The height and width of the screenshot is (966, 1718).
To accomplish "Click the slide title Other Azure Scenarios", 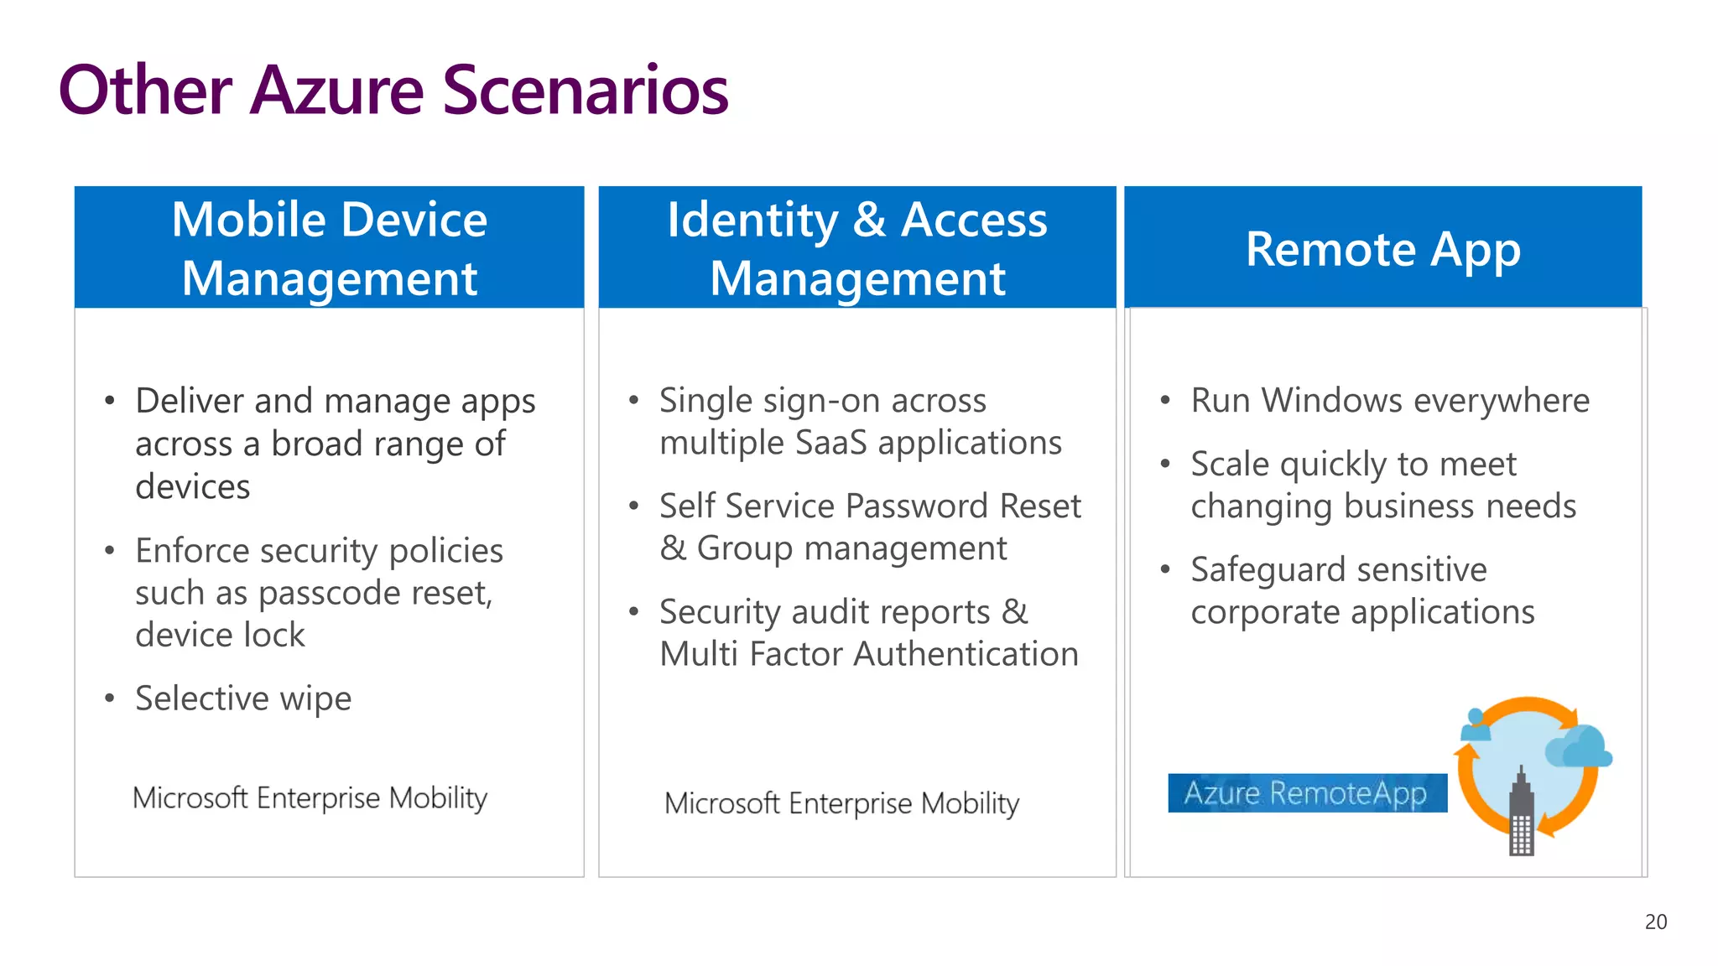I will pos(393,90).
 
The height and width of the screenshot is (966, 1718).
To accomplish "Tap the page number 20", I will pos(1655,922).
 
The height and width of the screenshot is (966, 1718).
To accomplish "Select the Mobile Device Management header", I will pos(329,247).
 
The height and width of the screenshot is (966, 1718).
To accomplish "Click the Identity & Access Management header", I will pos(856,247).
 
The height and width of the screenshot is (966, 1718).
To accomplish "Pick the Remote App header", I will pos(1382,249).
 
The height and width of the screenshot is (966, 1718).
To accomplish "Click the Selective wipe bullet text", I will pos(243,698).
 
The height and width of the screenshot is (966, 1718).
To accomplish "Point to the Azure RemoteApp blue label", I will pos(1306,792).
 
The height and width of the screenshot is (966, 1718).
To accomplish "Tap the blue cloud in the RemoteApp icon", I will pos(1579,746).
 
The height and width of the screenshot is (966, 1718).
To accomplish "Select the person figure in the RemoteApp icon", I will pos(1476,724).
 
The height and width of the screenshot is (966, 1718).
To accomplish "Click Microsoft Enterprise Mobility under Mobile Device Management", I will pos(310,797).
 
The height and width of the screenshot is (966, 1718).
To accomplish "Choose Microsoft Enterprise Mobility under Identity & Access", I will pos(841,803).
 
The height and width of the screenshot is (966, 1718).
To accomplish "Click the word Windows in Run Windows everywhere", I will pos(1332,400).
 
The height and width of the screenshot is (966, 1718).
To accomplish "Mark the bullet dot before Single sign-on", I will pos(634,400).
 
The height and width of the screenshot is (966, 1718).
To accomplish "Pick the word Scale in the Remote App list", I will pos(1230,464).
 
